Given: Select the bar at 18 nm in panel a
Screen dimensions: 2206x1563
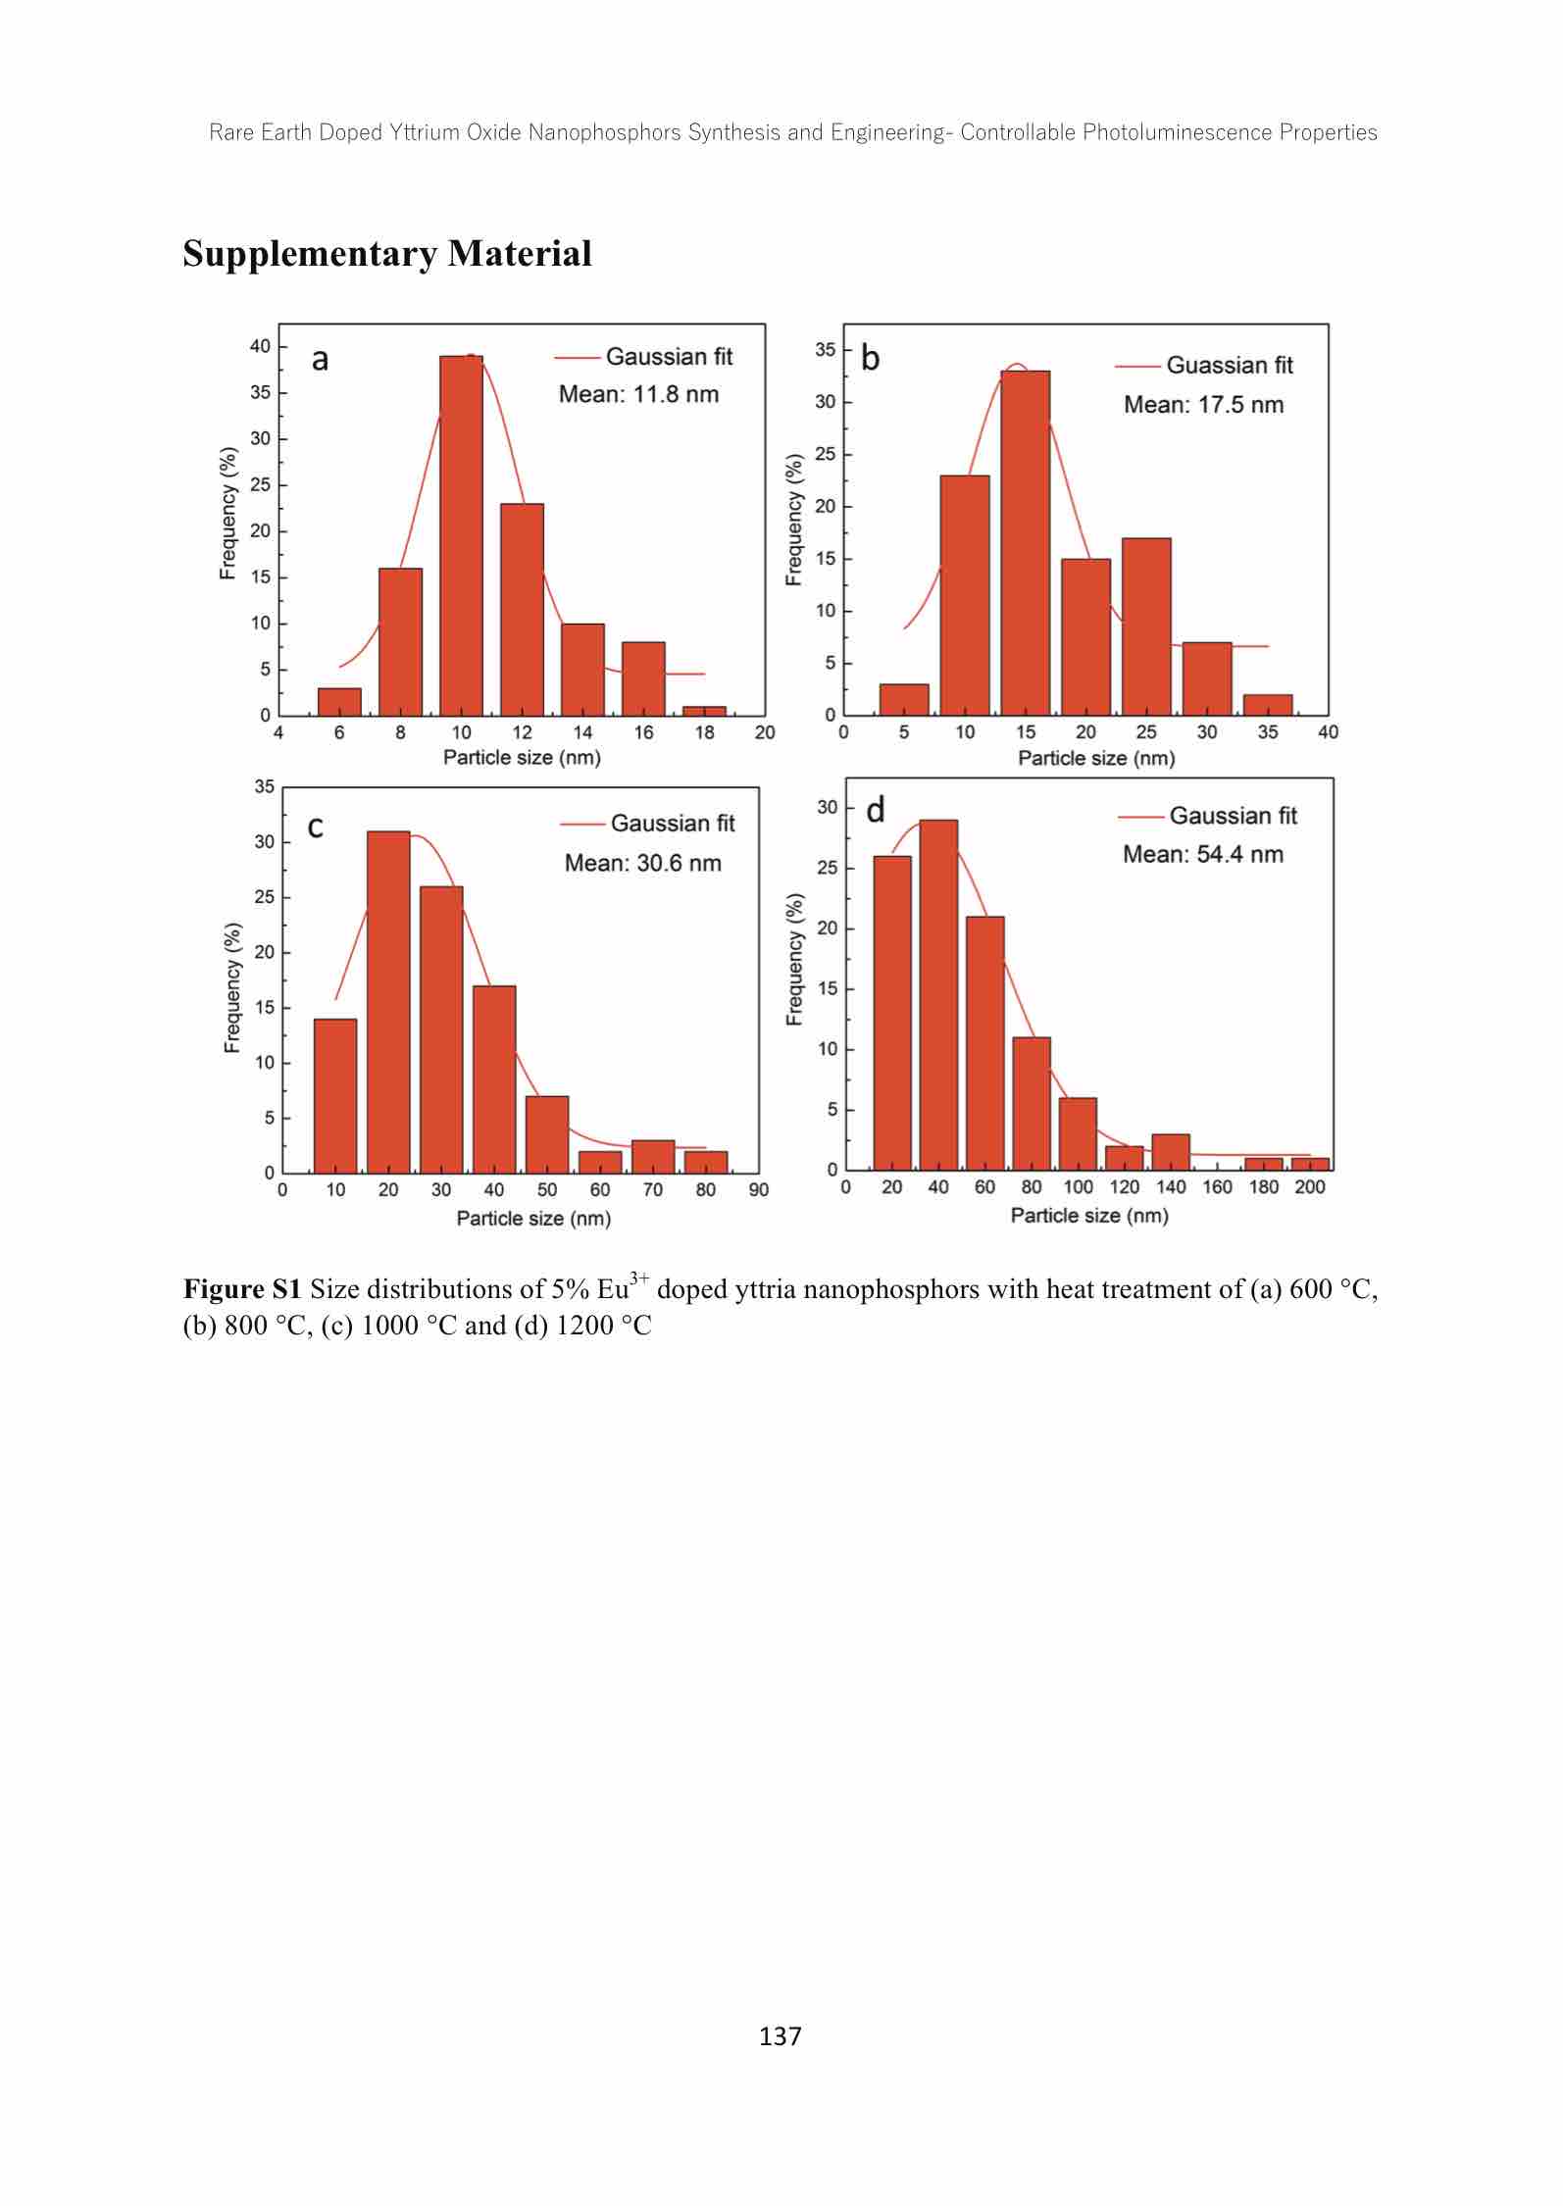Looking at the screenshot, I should [x=704, y=711].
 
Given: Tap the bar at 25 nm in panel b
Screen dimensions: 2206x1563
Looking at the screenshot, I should [x=1145, y=627].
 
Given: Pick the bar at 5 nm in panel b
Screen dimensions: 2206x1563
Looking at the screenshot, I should [x=903, y=699].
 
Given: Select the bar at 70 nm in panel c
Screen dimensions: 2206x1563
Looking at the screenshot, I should [x=652, y=1156].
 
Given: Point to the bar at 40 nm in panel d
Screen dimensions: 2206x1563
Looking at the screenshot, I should [x=937, y=994].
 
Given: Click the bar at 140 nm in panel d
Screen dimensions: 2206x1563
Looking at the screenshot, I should [x=1170, y=1152].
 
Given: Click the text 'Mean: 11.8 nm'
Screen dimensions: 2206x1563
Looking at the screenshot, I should [x=638, y=395].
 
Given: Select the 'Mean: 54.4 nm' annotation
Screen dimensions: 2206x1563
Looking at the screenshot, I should [x=1202, y=854].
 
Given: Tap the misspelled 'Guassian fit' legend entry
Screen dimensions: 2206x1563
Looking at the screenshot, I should [x=1229, y=366].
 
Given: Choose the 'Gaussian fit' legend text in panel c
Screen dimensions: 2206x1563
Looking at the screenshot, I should [x=672, y=824].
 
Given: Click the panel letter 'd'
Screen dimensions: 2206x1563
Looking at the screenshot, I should [x=876, y=810].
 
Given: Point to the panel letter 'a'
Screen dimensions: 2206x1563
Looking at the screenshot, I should [x=320, y=360].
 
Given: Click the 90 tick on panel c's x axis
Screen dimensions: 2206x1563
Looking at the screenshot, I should [x=758, y=1189].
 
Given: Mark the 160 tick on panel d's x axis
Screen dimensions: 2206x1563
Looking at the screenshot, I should [x=1217, y=1187].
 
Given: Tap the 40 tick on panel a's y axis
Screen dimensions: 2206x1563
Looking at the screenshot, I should [x=260, y=346].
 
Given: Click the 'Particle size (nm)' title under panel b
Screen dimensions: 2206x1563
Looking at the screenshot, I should [x=1095, y=758].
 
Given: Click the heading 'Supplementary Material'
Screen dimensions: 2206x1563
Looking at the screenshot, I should [x=387, y=254].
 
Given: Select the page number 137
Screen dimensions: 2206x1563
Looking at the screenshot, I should [x=781, y=2036].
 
